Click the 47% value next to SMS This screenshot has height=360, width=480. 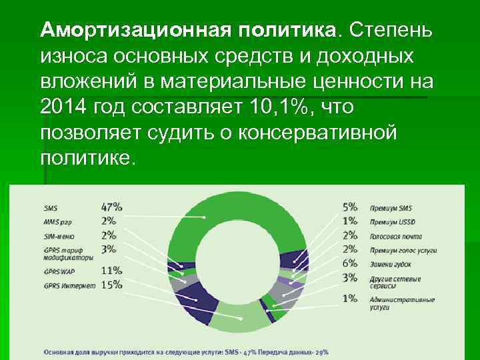pyautogui.click(x=112, y=207)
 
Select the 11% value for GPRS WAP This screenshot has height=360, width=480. pyautogui.click(x=112, y=271)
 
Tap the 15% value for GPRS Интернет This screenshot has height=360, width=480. pyautogui.click(x=112, y=285)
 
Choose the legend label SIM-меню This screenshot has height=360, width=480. pyautogui.click(x=60, y=235)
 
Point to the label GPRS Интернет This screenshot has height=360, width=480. pyautogui.click(x=69, y=285)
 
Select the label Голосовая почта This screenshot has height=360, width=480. pyautogui.click(x=394, y=235)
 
